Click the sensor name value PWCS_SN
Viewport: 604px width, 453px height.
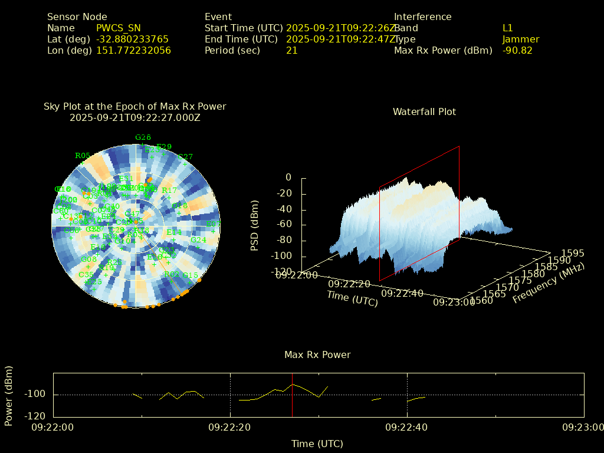(x=118, y=28)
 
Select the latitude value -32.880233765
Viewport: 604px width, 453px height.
(x=132, y=40)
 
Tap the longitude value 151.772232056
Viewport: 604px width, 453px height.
(x=133, y=51)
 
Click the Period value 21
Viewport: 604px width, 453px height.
(x=292, y=51)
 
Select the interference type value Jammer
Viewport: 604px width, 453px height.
(x=521, y=40)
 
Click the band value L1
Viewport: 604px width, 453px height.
(x=508, y=28)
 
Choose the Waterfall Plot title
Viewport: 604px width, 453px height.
(x=424, y=112)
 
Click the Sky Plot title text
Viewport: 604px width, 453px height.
(x=134, y=107)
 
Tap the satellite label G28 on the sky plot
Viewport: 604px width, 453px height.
(x=143, y=137)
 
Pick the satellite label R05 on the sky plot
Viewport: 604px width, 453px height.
(x=83, y=156)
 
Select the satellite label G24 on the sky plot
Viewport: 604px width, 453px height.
(x=198, y=240)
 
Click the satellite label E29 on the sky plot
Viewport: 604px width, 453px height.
(x=164, y=147)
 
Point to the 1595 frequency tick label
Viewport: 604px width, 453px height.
(x=572, y=254)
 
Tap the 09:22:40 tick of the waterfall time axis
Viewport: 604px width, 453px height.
(x=402, y=293)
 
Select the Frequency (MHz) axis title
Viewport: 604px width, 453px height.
(x=548, y=284)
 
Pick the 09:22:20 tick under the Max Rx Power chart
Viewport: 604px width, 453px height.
(x=230, y=427)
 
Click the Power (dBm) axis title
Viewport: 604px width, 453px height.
(x=9, y=395)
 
